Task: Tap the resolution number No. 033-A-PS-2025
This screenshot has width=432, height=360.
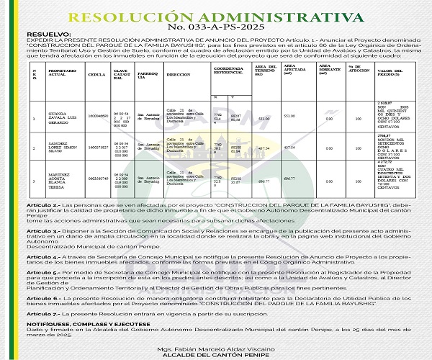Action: click(215, 28)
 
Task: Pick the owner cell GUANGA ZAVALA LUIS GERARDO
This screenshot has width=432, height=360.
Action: click(61, 118)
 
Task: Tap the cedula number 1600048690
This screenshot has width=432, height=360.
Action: click(99, 117)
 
